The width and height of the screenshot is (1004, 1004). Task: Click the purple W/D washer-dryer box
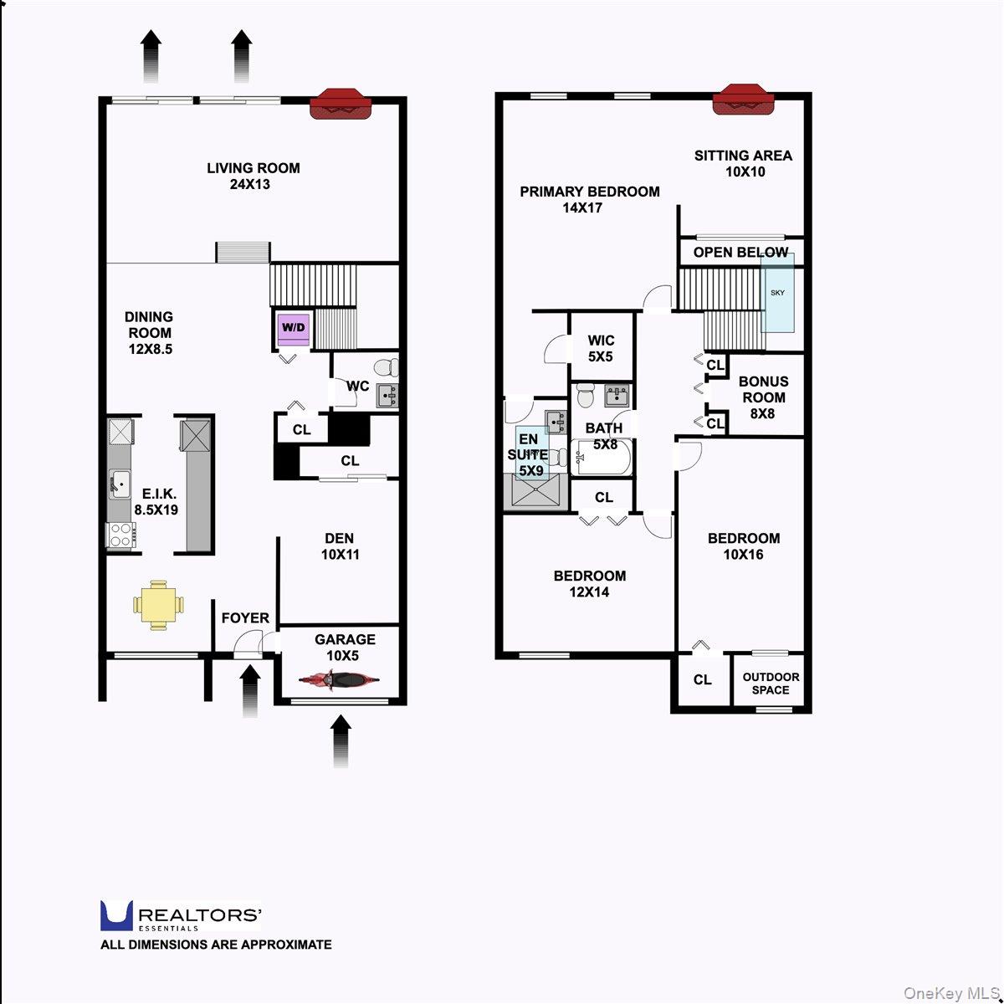pos(294,329)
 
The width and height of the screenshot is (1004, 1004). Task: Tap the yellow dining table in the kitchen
pos(158,605)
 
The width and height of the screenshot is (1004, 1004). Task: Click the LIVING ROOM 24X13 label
pos(254,176)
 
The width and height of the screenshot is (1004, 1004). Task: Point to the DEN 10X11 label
pos(340,546)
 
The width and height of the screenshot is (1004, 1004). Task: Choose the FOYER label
pos(245,618)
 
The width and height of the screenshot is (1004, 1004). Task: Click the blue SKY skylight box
pos(777,293)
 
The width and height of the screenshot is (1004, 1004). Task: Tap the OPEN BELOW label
pos(740,252)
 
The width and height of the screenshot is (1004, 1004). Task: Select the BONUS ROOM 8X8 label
pos(763,397)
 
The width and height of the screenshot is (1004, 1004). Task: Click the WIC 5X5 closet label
pos(601,349)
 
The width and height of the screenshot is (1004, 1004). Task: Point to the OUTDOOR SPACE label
pos(771,684)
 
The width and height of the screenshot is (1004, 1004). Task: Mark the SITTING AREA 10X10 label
pos(744,164)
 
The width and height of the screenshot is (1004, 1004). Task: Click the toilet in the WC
pos(387,367)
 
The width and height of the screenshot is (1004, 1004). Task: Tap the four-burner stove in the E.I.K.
pos(121,535)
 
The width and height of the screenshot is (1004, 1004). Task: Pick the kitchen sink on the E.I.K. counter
pos(120,484)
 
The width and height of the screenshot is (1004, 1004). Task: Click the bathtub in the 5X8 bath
pos(602,457)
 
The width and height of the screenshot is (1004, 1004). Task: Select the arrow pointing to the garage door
pos(341,742)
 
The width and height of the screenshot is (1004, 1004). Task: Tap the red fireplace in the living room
pos(341,105)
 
